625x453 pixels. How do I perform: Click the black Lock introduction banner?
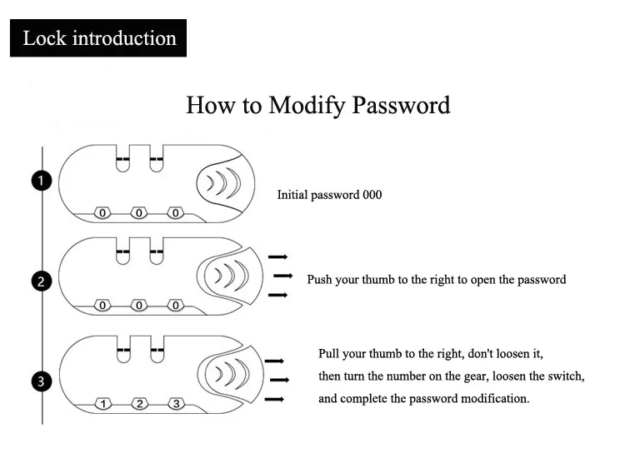tap(98, 37)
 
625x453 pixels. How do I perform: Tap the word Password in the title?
tap(401, 105)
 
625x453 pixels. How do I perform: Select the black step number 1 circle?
tap(42, 181)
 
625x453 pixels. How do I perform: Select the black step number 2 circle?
tap(42, 281)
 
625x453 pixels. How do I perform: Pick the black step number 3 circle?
tap(42, 381)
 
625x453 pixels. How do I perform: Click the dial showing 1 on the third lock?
tap(103, 404)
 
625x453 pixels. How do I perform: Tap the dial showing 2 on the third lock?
tap(139, 404)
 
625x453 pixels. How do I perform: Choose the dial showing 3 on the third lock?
tap(176, 404)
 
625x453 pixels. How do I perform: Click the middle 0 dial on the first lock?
tap(138, 212)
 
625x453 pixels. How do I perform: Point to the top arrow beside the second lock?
tap(277, 257)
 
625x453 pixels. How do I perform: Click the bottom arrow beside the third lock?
tap(274, 399)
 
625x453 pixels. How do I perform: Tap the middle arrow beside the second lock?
tap(283, 276)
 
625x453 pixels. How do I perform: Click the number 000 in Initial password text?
tap(372, 195)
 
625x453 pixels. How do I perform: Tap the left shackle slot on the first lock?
tap(122, 158)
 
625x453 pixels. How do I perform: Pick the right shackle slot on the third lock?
tap(157, 350)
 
